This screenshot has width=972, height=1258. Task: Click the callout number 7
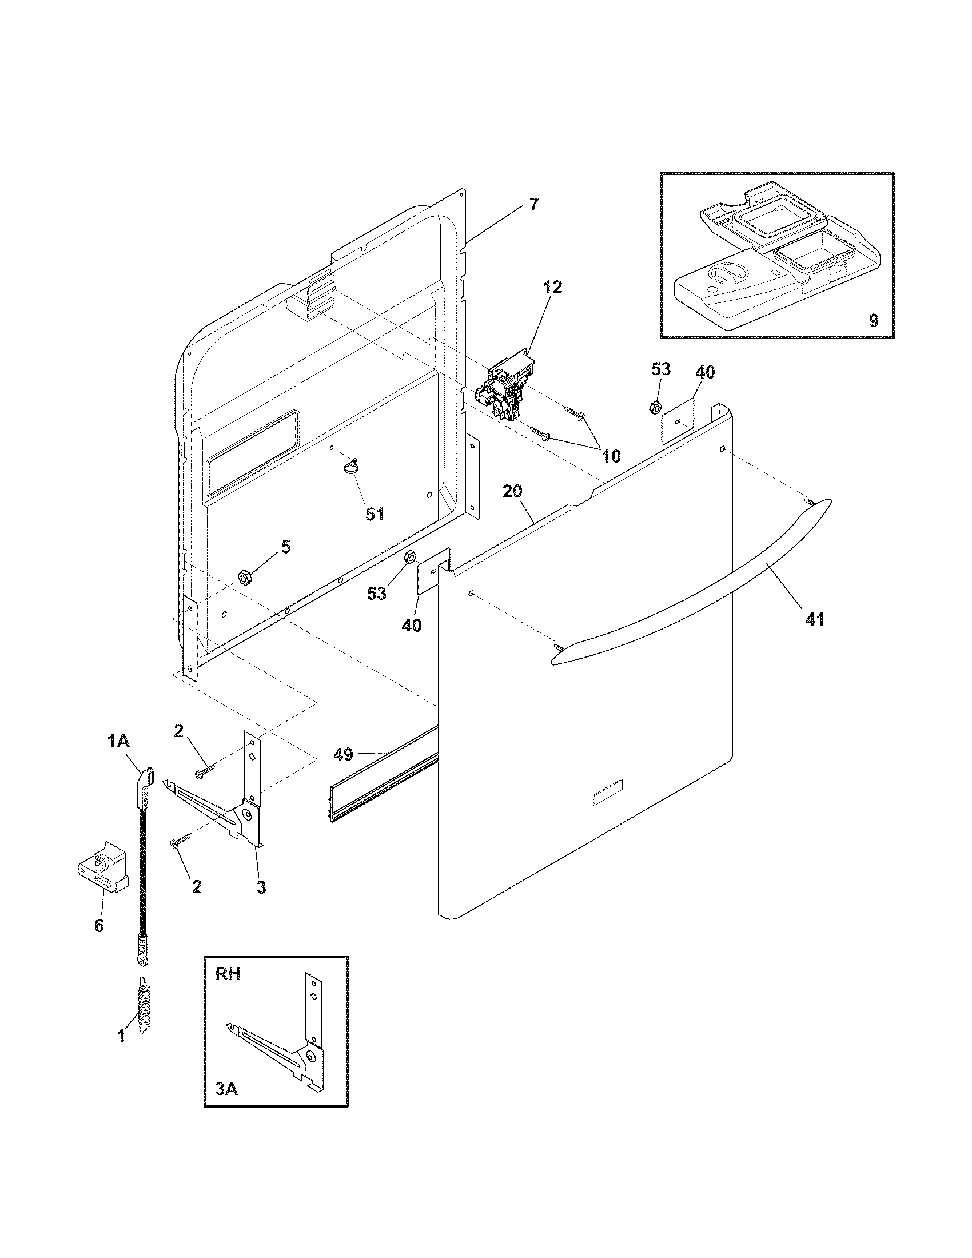(534, 205)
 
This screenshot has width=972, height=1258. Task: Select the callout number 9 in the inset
(874, 320)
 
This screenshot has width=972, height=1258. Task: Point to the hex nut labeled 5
(244, 576)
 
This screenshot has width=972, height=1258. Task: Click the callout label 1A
(118, 741)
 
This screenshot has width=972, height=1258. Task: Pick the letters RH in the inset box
(228, 974)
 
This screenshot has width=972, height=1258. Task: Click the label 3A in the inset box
(227, 1090)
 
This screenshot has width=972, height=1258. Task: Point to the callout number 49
(344, 754)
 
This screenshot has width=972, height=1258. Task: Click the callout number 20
(512, 491)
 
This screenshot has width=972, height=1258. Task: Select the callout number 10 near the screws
(611, 456)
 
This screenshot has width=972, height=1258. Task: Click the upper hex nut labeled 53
(654, 407)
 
